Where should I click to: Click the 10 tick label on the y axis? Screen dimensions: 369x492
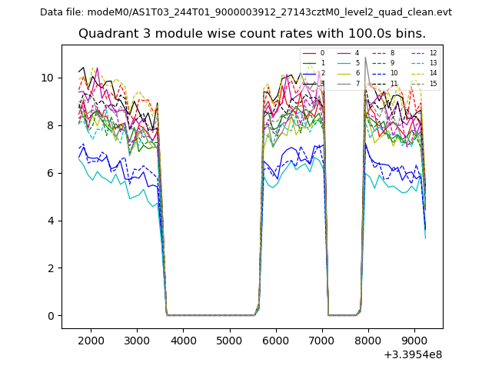click(x=48, y=78)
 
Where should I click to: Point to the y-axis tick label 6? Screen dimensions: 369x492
click(x=51, y=173)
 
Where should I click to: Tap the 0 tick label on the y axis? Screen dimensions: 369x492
click(x=51, y=316)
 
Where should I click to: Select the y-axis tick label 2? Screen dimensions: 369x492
click(x=51, y=268)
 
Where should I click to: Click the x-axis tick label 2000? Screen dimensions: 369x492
click(x=91, y=341)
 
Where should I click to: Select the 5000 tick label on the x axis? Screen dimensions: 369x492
click(x=230, y=341)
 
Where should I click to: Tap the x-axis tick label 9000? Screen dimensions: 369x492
click(x=414, y=341)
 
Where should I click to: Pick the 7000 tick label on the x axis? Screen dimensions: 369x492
click(x=322, y=341)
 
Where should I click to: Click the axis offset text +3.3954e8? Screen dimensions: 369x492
click(x=412, y=354)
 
